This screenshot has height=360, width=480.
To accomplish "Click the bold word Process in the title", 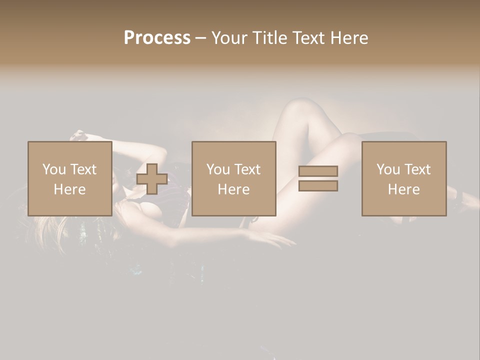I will coord(157,37).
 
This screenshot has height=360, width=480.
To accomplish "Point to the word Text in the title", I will coord(309,37).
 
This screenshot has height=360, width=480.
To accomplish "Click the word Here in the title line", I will coord(349,37).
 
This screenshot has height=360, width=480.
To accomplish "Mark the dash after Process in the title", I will coord(200,38).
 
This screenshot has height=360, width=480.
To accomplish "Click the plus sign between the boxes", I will coord(152,179).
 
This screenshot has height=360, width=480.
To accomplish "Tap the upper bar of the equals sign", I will coord(318,171).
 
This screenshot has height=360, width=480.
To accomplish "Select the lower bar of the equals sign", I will coord(318,186).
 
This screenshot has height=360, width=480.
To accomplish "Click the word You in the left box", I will coord(54,169).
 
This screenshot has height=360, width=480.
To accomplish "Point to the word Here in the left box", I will coord(69,189).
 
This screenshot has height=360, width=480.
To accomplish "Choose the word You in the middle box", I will coord(218,169).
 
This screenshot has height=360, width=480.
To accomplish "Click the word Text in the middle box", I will coord(247,169).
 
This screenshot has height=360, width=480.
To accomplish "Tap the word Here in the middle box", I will coord(233,189).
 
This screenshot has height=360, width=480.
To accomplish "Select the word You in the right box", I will coord(388,169).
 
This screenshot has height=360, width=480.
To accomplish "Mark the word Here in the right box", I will coord(403,189).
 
